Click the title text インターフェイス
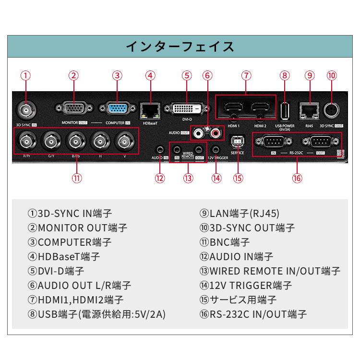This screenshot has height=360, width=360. tap(180, 47)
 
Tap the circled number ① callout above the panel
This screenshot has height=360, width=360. tap(26, 75)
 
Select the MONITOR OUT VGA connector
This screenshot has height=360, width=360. tap(73, 109)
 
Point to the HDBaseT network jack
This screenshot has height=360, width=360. tap(151, 109)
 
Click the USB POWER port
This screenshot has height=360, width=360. tap(285, 110)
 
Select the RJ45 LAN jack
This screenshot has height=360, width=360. tap(309, 109)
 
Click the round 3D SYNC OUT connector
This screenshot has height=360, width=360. tap(332, 110)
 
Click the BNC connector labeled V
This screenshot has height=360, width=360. tap(125, 141)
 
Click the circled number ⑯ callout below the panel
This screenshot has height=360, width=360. tap(297, 178)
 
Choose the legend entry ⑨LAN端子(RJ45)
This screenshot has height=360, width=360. tap(239, 214)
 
